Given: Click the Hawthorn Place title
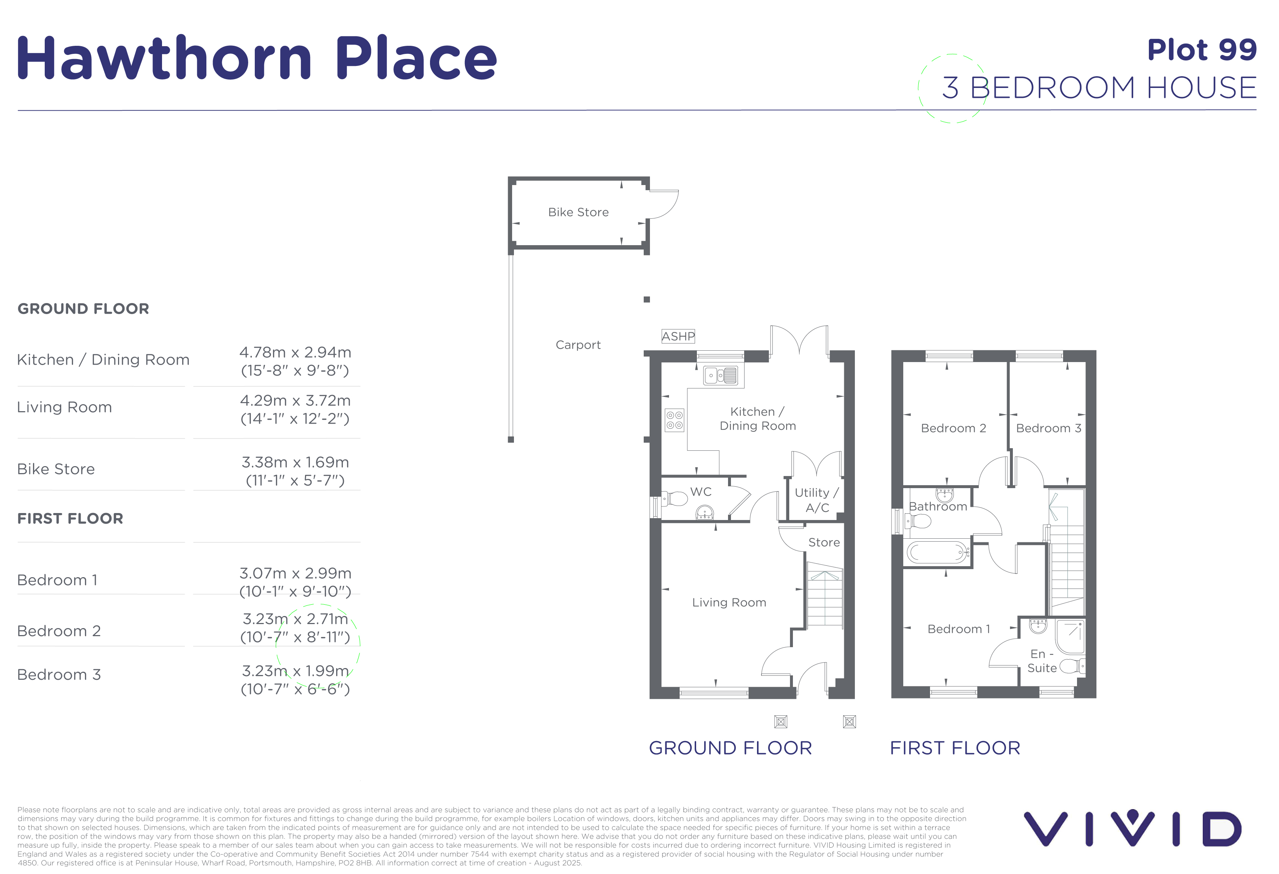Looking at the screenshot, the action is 257,58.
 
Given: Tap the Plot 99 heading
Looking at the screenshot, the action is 1202,50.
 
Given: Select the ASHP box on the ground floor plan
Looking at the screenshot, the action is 678,336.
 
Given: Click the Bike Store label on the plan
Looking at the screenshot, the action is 578,212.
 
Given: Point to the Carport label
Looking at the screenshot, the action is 578,345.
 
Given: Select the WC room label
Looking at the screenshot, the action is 701,492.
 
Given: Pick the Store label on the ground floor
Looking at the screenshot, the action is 824,542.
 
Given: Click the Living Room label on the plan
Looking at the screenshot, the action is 729,603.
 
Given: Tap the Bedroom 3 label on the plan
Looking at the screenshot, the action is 1048,428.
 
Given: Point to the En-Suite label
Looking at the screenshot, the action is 1042,661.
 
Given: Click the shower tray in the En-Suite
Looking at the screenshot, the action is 1070,637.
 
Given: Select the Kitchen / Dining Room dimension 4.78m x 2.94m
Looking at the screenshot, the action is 295,353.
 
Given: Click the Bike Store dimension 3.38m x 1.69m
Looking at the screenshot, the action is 295,462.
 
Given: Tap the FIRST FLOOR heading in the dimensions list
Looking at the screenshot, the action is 70,519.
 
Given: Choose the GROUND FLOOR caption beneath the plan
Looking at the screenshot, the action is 730,748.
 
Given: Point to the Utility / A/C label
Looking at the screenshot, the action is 817,500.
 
